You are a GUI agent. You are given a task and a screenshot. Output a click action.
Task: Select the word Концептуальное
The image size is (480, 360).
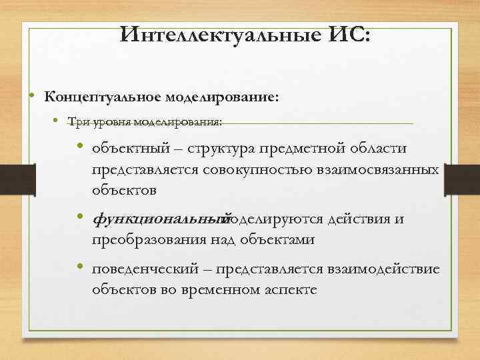101,97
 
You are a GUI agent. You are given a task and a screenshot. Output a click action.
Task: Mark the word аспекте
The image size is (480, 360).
288,290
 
